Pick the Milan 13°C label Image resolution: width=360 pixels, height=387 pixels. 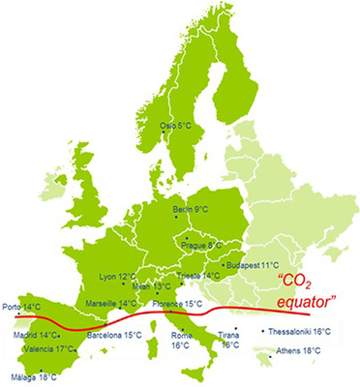150,286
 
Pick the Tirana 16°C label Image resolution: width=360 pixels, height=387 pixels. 230,339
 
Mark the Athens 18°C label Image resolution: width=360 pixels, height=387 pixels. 299,351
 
